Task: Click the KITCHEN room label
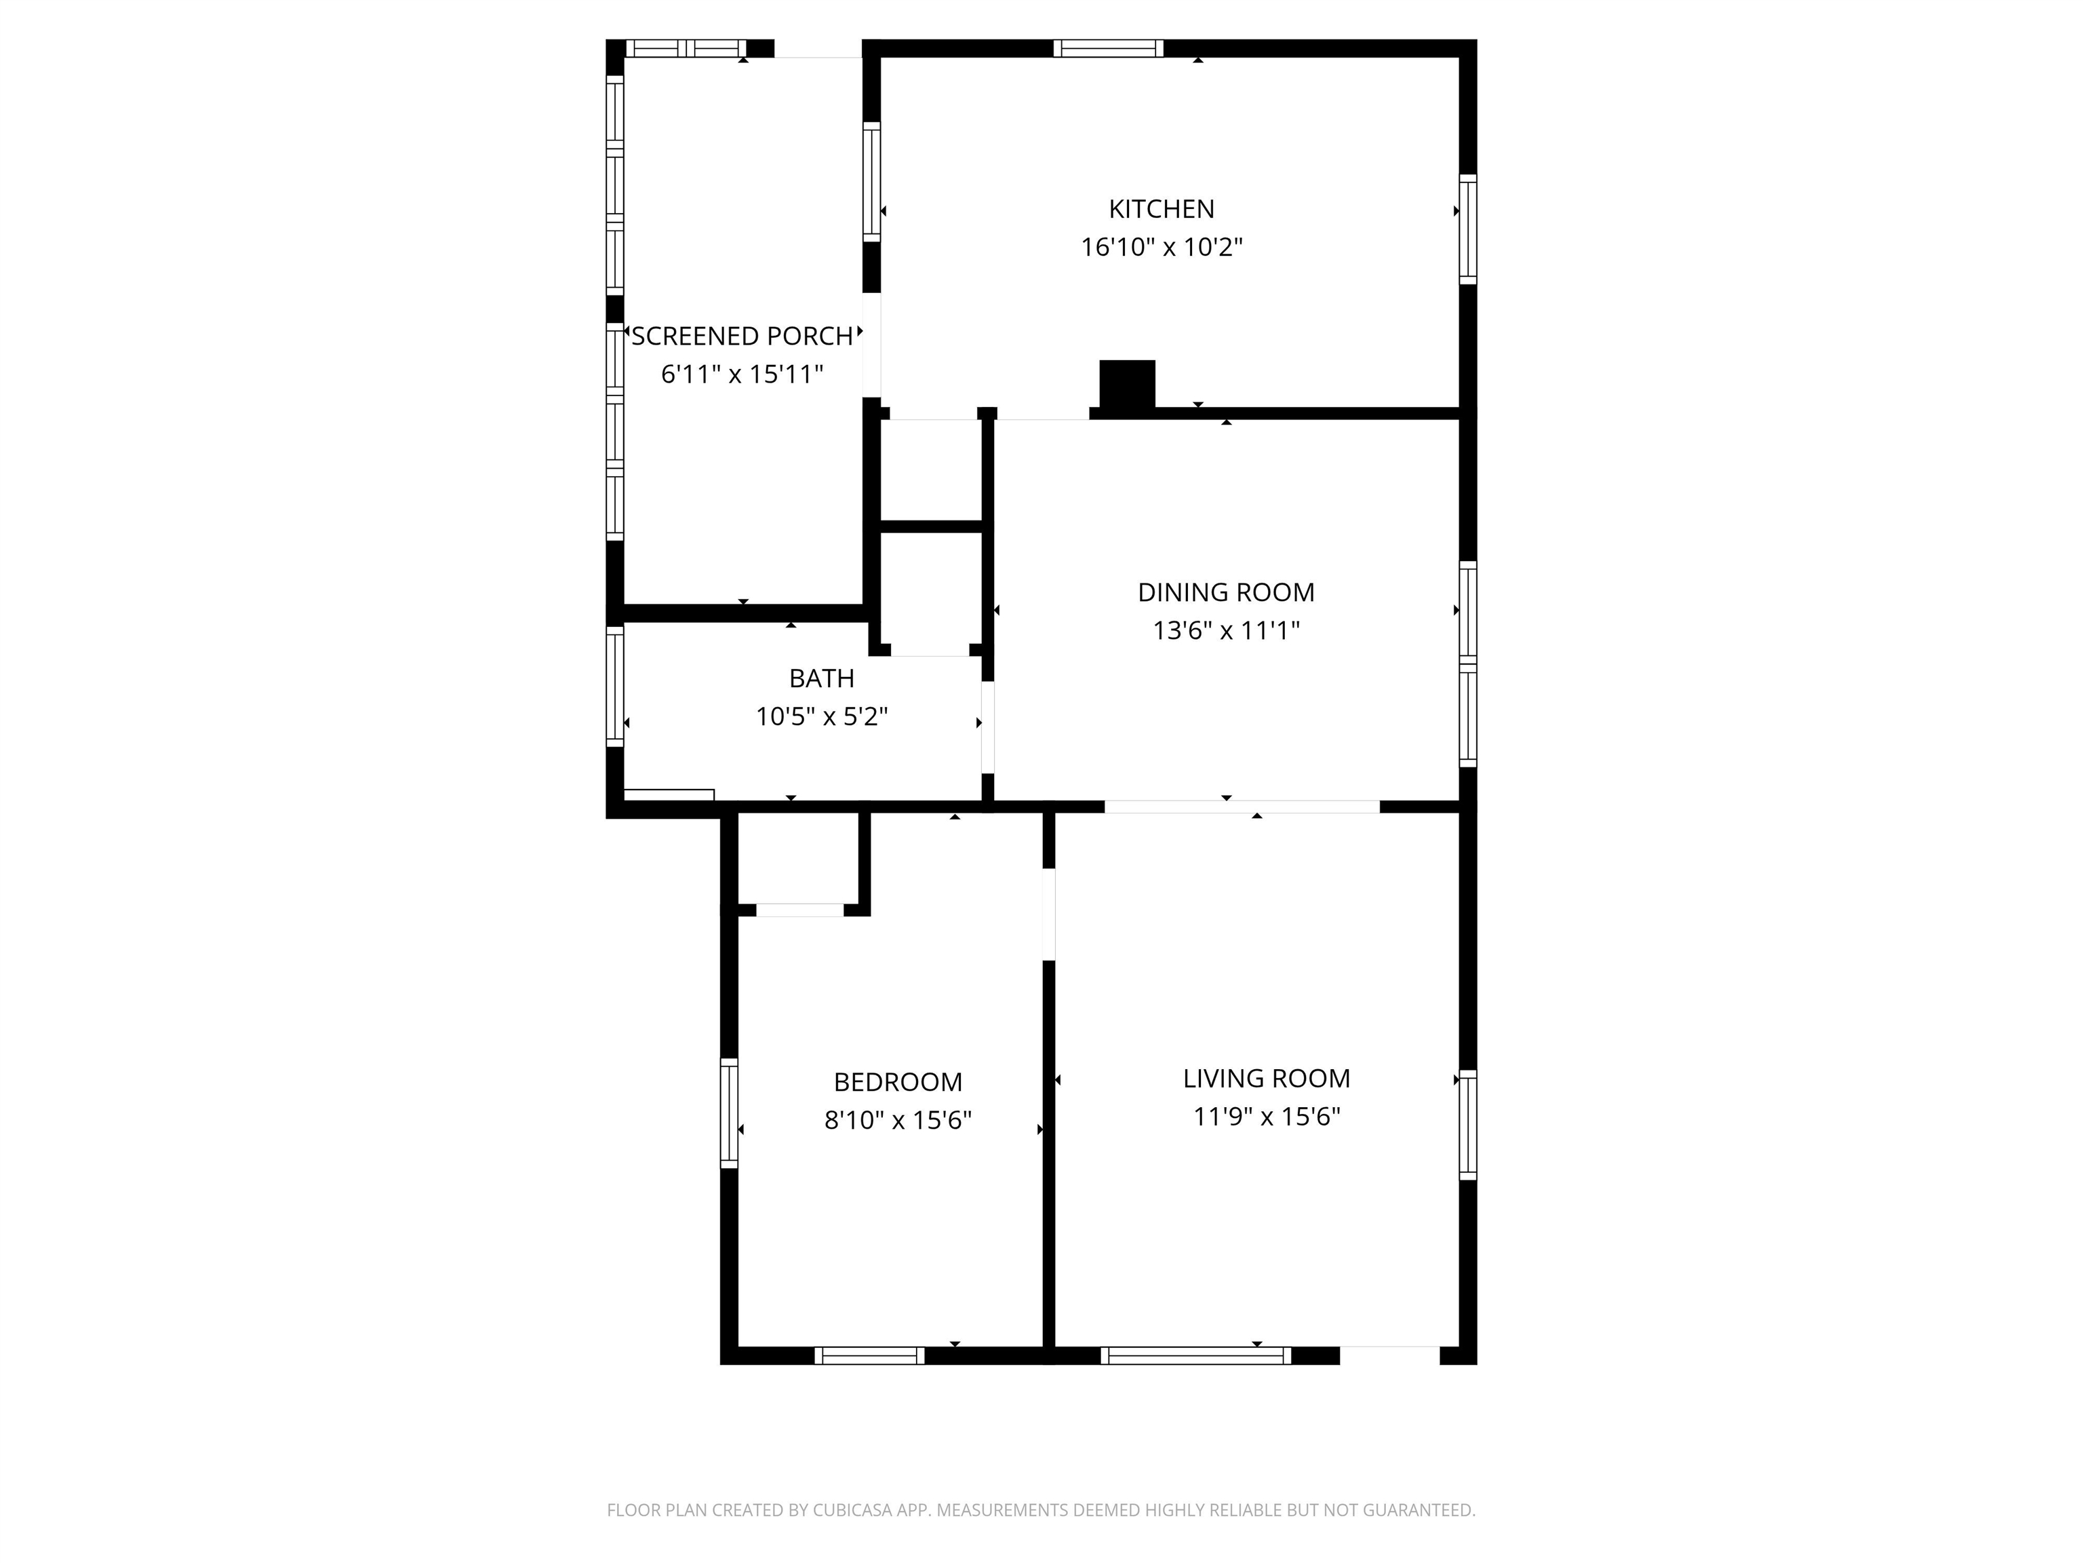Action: click(x=1161, y=208)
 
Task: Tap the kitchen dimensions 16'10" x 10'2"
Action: click(x=1161, y=247)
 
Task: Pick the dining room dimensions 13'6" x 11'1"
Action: click(x=1226, y=630)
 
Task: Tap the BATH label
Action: click(x=821, y=678)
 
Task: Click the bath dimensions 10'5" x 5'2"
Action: click(x=821, y=717)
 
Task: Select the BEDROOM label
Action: click(x=898, y=1081)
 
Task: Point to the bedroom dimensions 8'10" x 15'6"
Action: click(x=898, y=1120)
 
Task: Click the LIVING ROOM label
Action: click(x=1267, y=1078)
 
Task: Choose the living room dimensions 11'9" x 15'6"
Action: click(x=1267, y=1117)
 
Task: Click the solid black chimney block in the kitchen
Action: click(x=1127, y=385)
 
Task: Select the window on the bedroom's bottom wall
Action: click(x=869, y=1355)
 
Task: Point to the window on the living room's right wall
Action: click(x=1467, y=1125)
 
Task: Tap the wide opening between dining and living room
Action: click(x=1241, y=807)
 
